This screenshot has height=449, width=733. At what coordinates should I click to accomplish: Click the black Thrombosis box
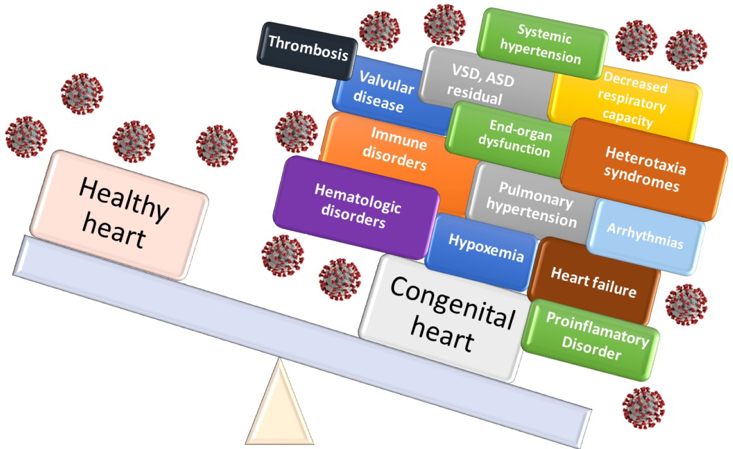pos(307,50)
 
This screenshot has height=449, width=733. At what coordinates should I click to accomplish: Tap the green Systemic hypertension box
pos(541,45)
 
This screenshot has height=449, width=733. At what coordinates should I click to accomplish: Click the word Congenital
pos(453,303)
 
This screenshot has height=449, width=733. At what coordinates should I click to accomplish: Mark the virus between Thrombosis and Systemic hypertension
pos(444,24)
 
